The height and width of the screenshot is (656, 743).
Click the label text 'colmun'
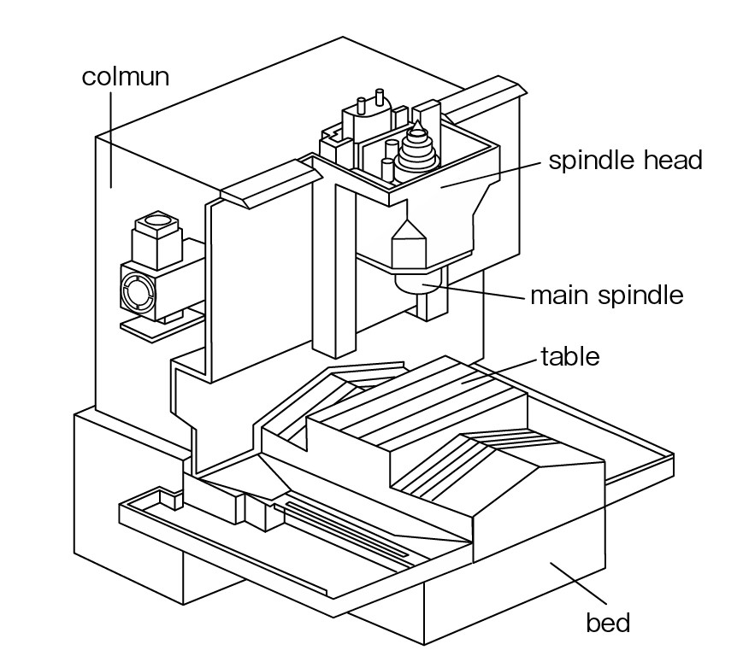coord(126,77)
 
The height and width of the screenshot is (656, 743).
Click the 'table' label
coord(570,355)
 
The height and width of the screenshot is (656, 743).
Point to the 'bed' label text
coord(608,622)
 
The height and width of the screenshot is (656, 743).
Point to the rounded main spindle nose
coord(419,282)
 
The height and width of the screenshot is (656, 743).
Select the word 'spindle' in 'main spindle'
coord(641,296)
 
